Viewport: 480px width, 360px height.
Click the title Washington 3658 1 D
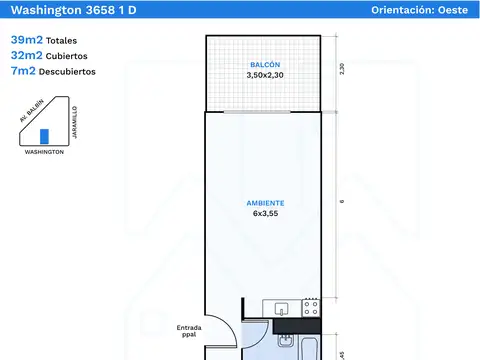[74, 10]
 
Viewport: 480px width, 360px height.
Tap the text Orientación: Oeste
[420, 10]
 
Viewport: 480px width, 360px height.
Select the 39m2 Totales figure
[44, 40]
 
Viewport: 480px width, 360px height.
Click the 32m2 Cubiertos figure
[49, 55]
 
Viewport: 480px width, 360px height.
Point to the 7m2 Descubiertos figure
[53, 71]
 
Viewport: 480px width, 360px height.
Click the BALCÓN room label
[265, 64]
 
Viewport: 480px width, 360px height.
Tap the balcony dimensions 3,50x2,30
[265, 75]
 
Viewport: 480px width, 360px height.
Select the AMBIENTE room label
[265, 203]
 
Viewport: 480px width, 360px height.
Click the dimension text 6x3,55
[265, 213]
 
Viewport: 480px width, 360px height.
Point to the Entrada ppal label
[189, 331]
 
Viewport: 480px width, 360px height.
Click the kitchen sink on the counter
[281, 309]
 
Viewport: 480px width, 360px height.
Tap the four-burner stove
[311, 308]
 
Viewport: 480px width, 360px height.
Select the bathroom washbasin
[285, 340]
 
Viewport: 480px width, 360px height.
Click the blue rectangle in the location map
[44, 136]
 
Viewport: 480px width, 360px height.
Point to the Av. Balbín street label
[32, 110]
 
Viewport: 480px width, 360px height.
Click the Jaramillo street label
[75, 122]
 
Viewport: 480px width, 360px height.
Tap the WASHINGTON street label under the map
[44, 152]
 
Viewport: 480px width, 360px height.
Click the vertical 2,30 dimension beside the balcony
[342, 69]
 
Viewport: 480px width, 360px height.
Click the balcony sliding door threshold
[257, 112]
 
